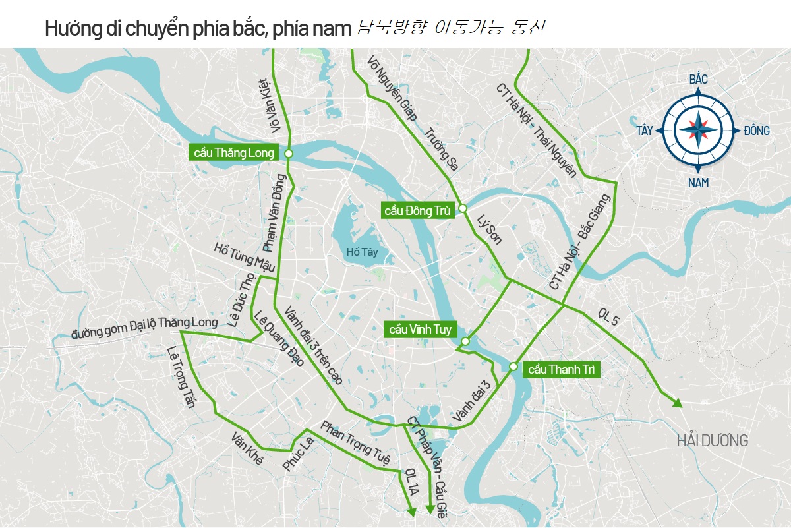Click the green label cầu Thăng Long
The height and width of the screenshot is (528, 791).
tap(233, 152)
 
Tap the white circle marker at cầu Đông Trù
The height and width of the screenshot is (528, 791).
tap(463, 208)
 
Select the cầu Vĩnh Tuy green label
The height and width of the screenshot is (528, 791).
tap(419, 329)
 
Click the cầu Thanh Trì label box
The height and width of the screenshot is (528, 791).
tap(562, 370)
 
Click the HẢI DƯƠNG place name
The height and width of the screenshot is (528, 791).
tap(713, 440)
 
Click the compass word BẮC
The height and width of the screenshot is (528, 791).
tap(698, 80)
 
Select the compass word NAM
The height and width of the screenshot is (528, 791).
tap(698, 183)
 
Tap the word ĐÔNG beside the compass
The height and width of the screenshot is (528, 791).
tap(756, 131)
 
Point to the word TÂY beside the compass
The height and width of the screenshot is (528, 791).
tap(644, 131)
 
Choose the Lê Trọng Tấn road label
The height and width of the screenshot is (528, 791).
tap(181, 377)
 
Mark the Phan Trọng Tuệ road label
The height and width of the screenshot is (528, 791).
tap(355, 443)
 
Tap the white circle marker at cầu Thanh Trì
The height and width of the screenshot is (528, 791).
tap(513, 366)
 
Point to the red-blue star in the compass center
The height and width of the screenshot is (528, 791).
tap(698, 131)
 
